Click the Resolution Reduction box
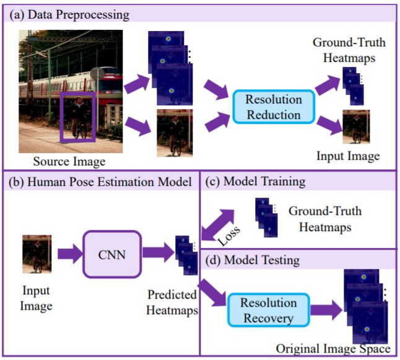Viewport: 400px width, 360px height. coord(274,107)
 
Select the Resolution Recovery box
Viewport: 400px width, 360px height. coord(269,310)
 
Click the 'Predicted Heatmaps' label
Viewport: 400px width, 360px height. coord(172,301)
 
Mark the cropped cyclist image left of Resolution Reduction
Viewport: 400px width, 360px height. coord(175,132)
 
